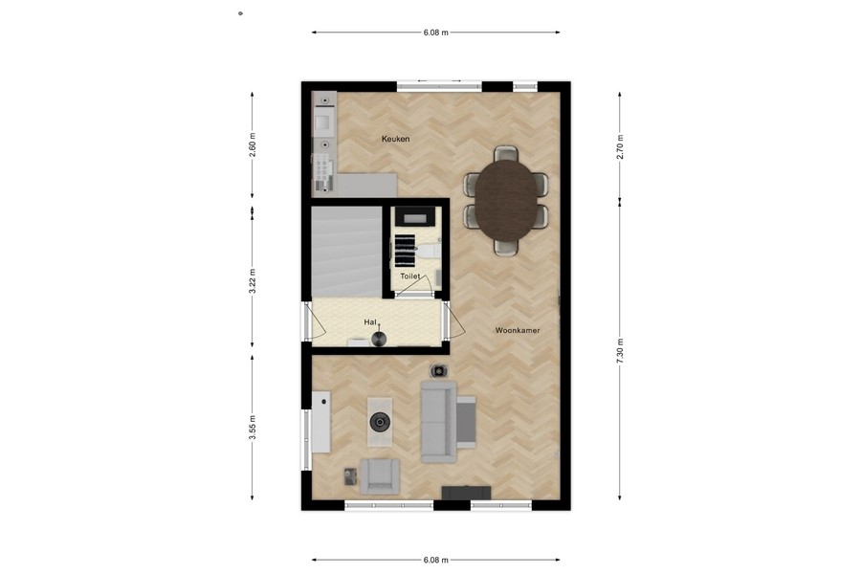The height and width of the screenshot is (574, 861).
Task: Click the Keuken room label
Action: (x=395, y=140)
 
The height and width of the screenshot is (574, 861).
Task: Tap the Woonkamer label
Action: (x=518, y=330)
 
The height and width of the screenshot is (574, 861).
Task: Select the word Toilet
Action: (x=409, y=276)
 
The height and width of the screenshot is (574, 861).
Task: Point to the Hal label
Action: (x=369, y=322)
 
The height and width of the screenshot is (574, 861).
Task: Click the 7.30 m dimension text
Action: (x=620, y=349)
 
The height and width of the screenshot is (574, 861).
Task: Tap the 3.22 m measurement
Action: (x=253, y=279)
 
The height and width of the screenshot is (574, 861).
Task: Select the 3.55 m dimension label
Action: (x=253, y=427)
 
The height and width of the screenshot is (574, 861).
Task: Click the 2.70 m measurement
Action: (x=620, y=145)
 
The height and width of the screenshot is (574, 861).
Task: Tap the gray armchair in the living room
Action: (x=380, y=475)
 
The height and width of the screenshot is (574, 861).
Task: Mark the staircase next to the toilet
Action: (x=345, y=251)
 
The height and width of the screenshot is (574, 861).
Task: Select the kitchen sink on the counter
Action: (x=324, y=121)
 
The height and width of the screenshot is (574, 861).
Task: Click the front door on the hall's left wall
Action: (x=307, y=322)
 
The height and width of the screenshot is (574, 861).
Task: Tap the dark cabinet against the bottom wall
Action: (x=466, y=493)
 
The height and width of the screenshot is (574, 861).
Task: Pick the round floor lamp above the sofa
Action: (x=439, y=370)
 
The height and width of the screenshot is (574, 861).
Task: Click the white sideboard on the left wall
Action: (x=320, y=422)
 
